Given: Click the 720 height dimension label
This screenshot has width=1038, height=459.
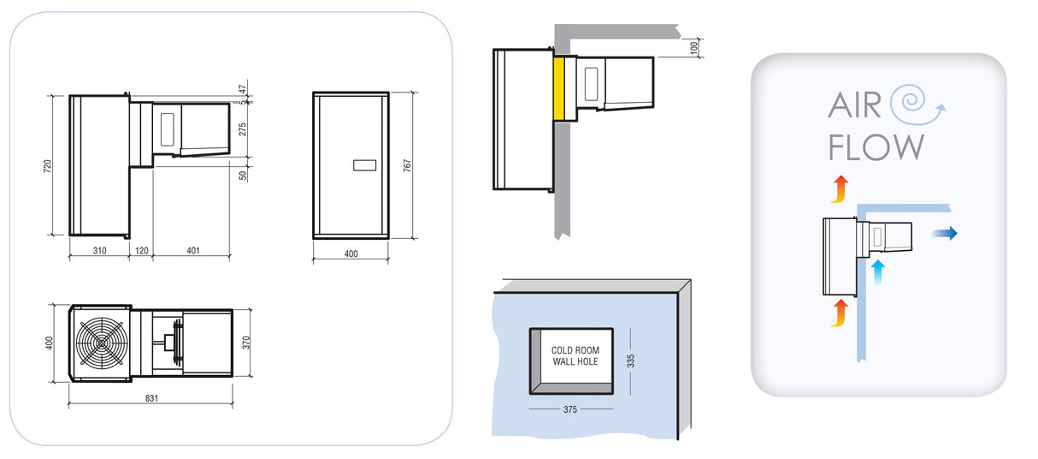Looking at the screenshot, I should point(48,164).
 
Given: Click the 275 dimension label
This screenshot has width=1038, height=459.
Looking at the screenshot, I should point(243,129).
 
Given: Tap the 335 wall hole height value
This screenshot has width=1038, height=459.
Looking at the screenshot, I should point(631,360).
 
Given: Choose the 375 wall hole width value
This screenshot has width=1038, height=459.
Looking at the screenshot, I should point(570,409).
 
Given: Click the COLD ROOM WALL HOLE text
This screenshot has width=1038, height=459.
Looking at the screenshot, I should point(575,356).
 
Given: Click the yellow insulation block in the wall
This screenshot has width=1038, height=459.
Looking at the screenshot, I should point(561,89).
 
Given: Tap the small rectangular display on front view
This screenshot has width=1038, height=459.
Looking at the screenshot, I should point(364,165).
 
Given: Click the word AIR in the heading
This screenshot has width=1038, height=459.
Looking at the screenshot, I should point(855,106).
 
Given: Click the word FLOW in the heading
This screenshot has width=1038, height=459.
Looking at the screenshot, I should point(876,147).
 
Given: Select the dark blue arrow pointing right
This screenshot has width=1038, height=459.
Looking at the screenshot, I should point(945,233).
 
